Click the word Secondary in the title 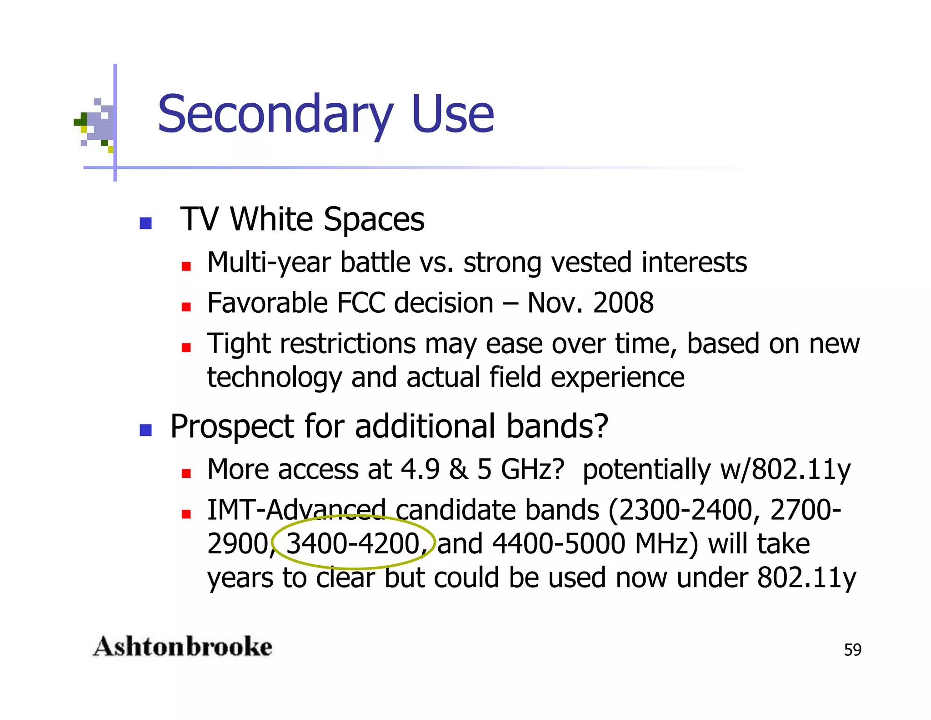[275, 114]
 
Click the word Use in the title [452, 114]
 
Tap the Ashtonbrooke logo [183, 647]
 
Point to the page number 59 [852, 650]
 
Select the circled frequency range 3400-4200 [353, 543]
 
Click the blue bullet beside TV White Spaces [145, 223]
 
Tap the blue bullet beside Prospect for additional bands [145, 430]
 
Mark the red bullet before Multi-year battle [186, 266]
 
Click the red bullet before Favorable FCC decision [186, 307]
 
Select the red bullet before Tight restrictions [186, 348]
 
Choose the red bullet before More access [186, 473]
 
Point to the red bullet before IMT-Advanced [186, 514]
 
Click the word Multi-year [269, 263]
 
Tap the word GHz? [532, 469]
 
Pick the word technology [274, 377]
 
